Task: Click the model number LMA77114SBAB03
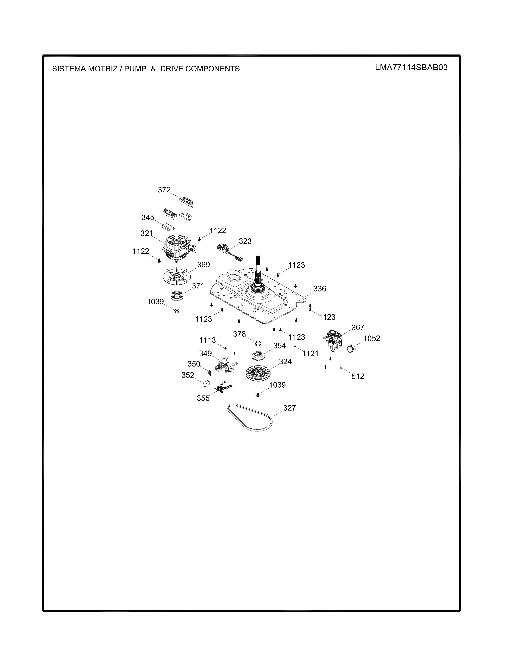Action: pyautogui.click(x=411, y=67)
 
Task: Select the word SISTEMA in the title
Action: pyautogui.click(x=69, y=69)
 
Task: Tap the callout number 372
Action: pyautogui.click(x=164, y=190)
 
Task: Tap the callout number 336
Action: pyautogui.click(x=320, y=289)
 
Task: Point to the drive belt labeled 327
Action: pyautogui.click(x=250, y=417)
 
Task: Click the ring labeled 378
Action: pyautogui.click(x=258, y=343)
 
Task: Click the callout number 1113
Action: pyautogui.click(x=207, y=340)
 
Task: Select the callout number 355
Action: pyautogui.click(x=203, y=398)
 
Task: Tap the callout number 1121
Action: pyautogui.click(x=310, y=353)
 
